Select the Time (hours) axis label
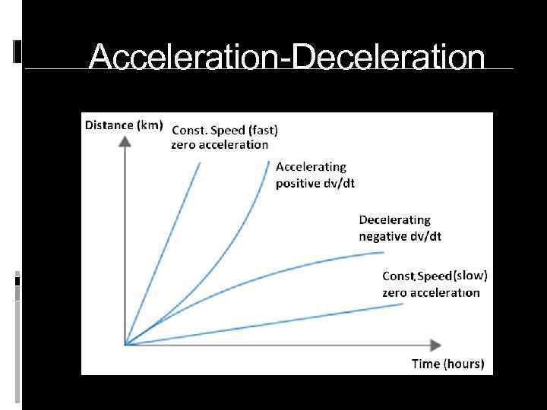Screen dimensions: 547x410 [447, 364]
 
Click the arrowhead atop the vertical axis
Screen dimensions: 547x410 [125, 142]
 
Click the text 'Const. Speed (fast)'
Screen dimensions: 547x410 [219, 129]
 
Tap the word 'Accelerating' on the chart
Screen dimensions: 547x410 [311, 166]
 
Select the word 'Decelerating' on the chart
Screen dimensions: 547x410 [394, 220]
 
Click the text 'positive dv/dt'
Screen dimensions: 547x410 [315, 183]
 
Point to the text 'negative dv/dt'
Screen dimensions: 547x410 [400, 236]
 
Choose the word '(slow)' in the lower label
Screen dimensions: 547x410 [470, 276]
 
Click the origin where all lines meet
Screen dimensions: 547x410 [125, 345]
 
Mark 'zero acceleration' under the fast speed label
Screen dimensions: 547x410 [219, 144]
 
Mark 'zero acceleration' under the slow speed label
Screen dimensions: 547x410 [430, 292]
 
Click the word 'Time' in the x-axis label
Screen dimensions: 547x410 [425, 364]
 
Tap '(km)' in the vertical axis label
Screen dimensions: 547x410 [149, 125]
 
